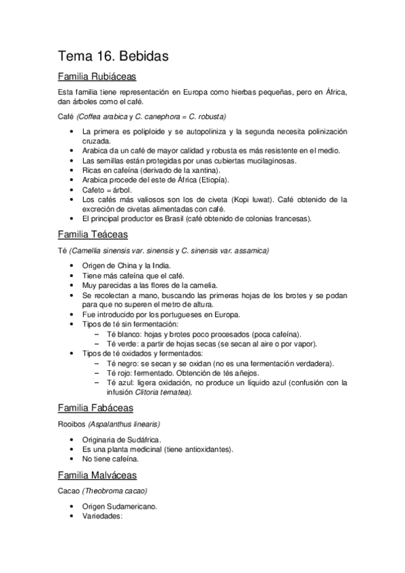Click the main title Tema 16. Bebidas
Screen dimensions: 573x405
coord(113,56)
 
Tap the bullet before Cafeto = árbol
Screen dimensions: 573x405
coord(72,190)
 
